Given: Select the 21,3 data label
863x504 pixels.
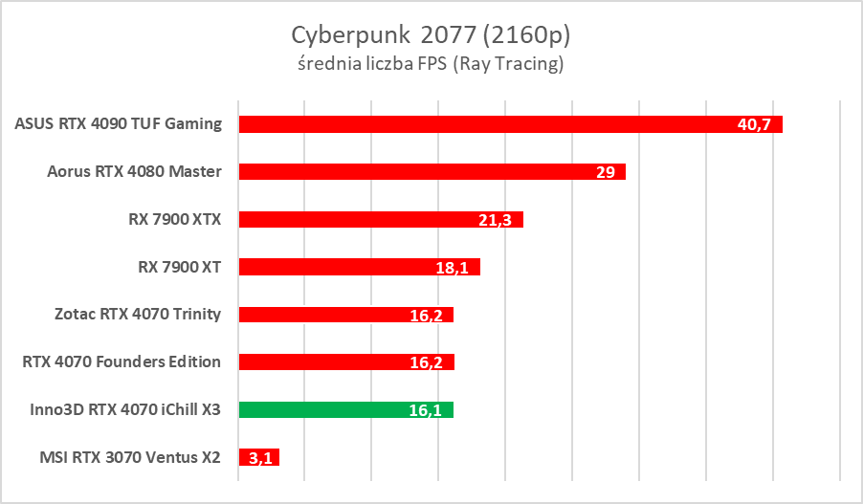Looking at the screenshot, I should pyautogui.click(x=495, y=220).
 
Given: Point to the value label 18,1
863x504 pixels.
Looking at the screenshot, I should pyautogui.click(x=452, y=268).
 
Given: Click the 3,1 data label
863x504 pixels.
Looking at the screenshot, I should pyautogui.click(x=258, y=458).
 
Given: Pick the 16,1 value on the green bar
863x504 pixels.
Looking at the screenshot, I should pyautogui.click(x=424, y=410).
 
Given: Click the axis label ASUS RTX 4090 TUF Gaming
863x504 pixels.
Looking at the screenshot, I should pyautogui.click(x=119, y=123).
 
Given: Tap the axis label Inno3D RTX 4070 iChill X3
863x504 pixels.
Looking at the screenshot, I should pyautogui.click(x=125, y=409).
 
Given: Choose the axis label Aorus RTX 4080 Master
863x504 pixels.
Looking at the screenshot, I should pyautogui.click(x=134, y=171).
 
